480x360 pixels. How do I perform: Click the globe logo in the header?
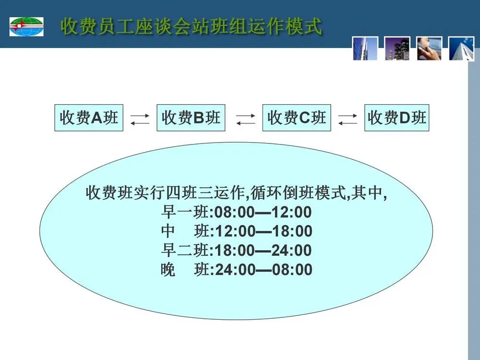pos(26,26)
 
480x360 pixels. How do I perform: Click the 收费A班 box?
pos(89,118)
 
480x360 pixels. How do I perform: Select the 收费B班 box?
pos(191,118)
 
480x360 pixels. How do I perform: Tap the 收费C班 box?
pos(297,118)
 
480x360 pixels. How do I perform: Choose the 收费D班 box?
pos(397,118)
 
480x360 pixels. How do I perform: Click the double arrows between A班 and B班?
pos(140,120)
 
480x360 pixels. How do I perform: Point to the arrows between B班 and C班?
pos(245,120)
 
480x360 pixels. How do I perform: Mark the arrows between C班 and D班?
pos(348,120)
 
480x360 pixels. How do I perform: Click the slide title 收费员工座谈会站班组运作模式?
pos(192,26)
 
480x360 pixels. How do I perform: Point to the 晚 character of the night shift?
pos(168,270)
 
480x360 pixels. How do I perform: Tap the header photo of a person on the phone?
pos(429,48)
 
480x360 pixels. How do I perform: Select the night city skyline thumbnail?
pos(397,48)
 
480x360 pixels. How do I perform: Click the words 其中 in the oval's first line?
pos(367,193)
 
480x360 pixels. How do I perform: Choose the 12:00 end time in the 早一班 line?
pos(291,212)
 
